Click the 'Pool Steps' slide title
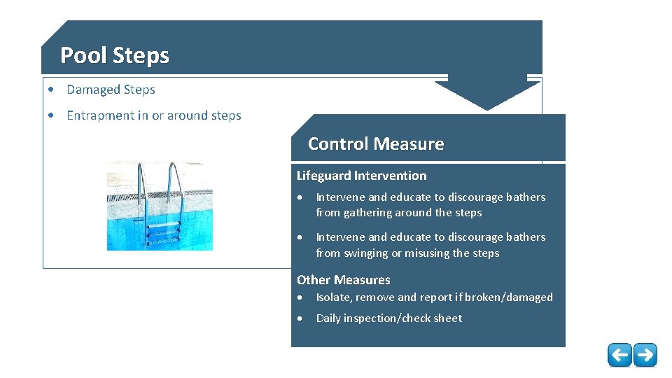(x=115, y=55)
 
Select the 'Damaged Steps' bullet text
(x=111, y=90)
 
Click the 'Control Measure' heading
(x=376, y=143)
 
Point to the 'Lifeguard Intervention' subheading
(x=361, y=176)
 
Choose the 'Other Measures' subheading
(x=343, y=280)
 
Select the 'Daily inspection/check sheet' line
(x=388, y=318)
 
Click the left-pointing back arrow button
(x=619, y=355)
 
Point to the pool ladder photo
(x=160, y=206)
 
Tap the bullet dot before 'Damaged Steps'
(x=52, y=90)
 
